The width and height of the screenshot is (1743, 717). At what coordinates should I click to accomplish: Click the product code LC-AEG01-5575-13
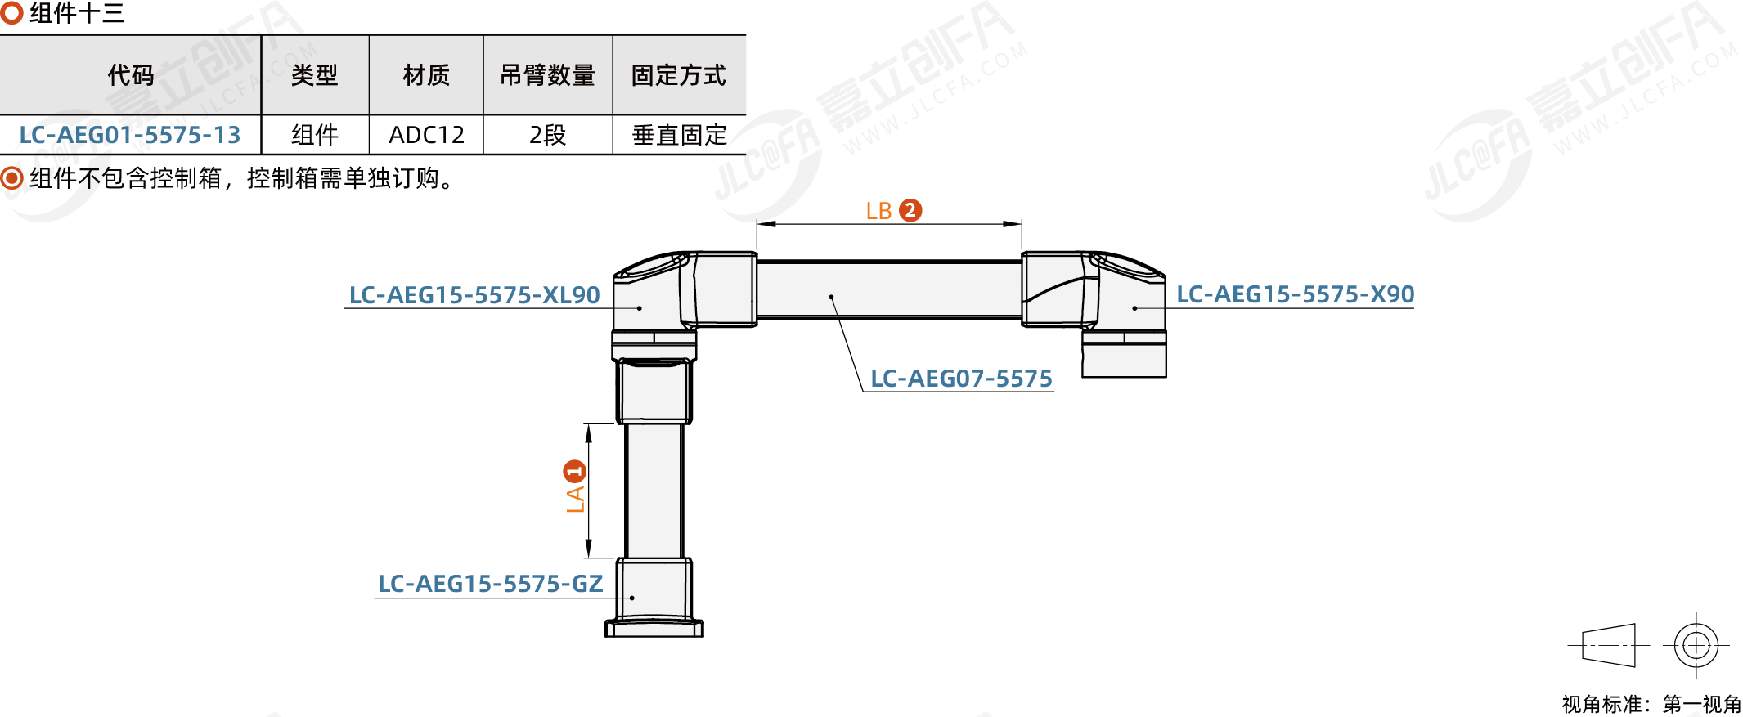tap(130, 135)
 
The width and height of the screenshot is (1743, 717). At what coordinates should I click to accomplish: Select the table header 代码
tap(130, 75)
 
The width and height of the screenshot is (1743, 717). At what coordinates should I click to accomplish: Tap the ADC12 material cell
tap(426, 135)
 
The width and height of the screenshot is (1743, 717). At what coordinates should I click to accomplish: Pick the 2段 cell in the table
tap(547, 135)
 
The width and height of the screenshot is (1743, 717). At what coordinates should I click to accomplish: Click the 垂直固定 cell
tap(679, 135)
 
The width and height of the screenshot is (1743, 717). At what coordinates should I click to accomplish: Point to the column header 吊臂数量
tap(547, 75)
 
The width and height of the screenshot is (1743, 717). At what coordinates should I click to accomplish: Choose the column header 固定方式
tap(678, 75)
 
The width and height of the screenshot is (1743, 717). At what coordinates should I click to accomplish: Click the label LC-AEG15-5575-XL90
tap(474, 295)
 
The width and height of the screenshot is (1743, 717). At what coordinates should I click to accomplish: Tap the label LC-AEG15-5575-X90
tap(1295, 294)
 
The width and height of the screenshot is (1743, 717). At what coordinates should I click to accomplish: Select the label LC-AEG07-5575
tap(961, 379)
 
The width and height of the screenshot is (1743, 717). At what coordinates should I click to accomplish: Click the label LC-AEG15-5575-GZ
tap(490, 584)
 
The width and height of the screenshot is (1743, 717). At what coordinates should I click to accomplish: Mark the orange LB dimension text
tap(878, 211)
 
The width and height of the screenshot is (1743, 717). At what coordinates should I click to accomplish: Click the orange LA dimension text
tap(576, 498)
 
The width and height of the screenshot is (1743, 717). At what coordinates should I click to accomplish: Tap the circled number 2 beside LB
tap(910, 210)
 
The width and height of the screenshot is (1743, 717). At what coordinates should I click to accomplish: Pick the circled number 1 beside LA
tap(575, 471)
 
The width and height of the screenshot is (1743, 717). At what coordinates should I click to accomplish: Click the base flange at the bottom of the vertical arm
tap(654, 628)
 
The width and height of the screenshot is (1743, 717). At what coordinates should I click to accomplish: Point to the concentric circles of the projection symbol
tap(1696, 645)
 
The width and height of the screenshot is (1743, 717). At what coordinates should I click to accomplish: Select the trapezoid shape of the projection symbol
tap(1609, 645)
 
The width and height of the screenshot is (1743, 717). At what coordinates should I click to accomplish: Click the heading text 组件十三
tap(77, 13)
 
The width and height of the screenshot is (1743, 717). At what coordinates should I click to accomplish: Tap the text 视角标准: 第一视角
tap(1651, 704)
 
